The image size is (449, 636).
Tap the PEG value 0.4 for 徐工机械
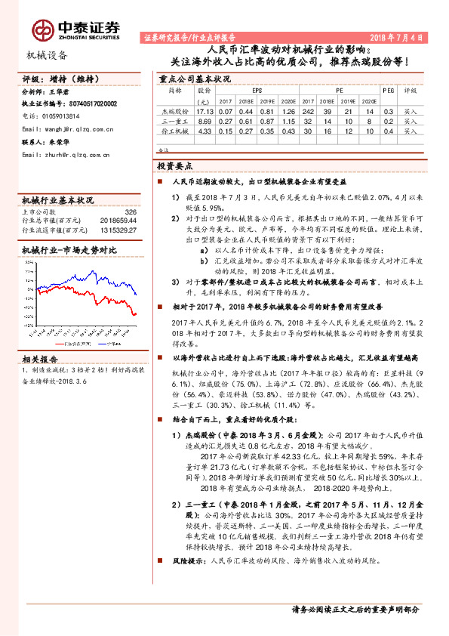(x=388, y=131)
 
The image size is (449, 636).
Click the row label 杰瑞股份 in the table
(x=174, y=111)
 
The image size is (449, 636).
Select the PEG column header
(x=388, y=90)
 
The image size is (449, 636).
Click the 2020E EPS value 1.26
(x=286, y=111)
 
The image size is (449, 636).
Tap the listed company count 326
(x=130, y=212)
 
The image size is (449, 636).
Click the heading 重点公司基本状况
(x=194, y=78)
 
